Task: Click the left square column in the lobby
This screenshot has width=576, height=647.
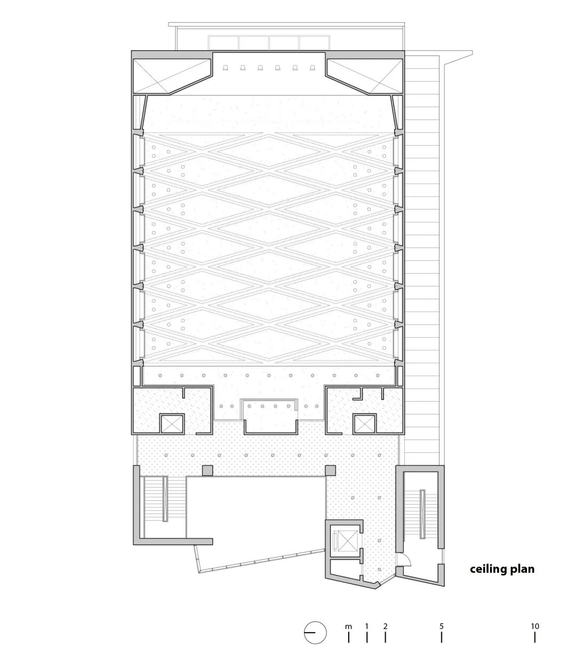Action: (207, 470)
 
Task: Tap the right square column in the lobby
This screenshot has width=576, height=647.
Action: (331, 470)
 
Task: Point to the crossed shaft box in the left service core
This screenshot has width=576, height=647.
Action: (172, 424)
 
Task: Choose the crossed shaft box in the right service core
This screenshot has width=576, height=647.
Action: (365, 424)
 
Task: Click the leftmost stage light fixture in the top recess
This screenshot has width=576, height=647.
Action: (226, 68)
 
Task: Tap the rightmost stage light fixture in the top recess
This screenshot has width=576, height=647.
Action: (312, 68)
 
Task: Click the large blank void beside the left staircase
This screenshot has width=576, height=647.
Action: (255, 511)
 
